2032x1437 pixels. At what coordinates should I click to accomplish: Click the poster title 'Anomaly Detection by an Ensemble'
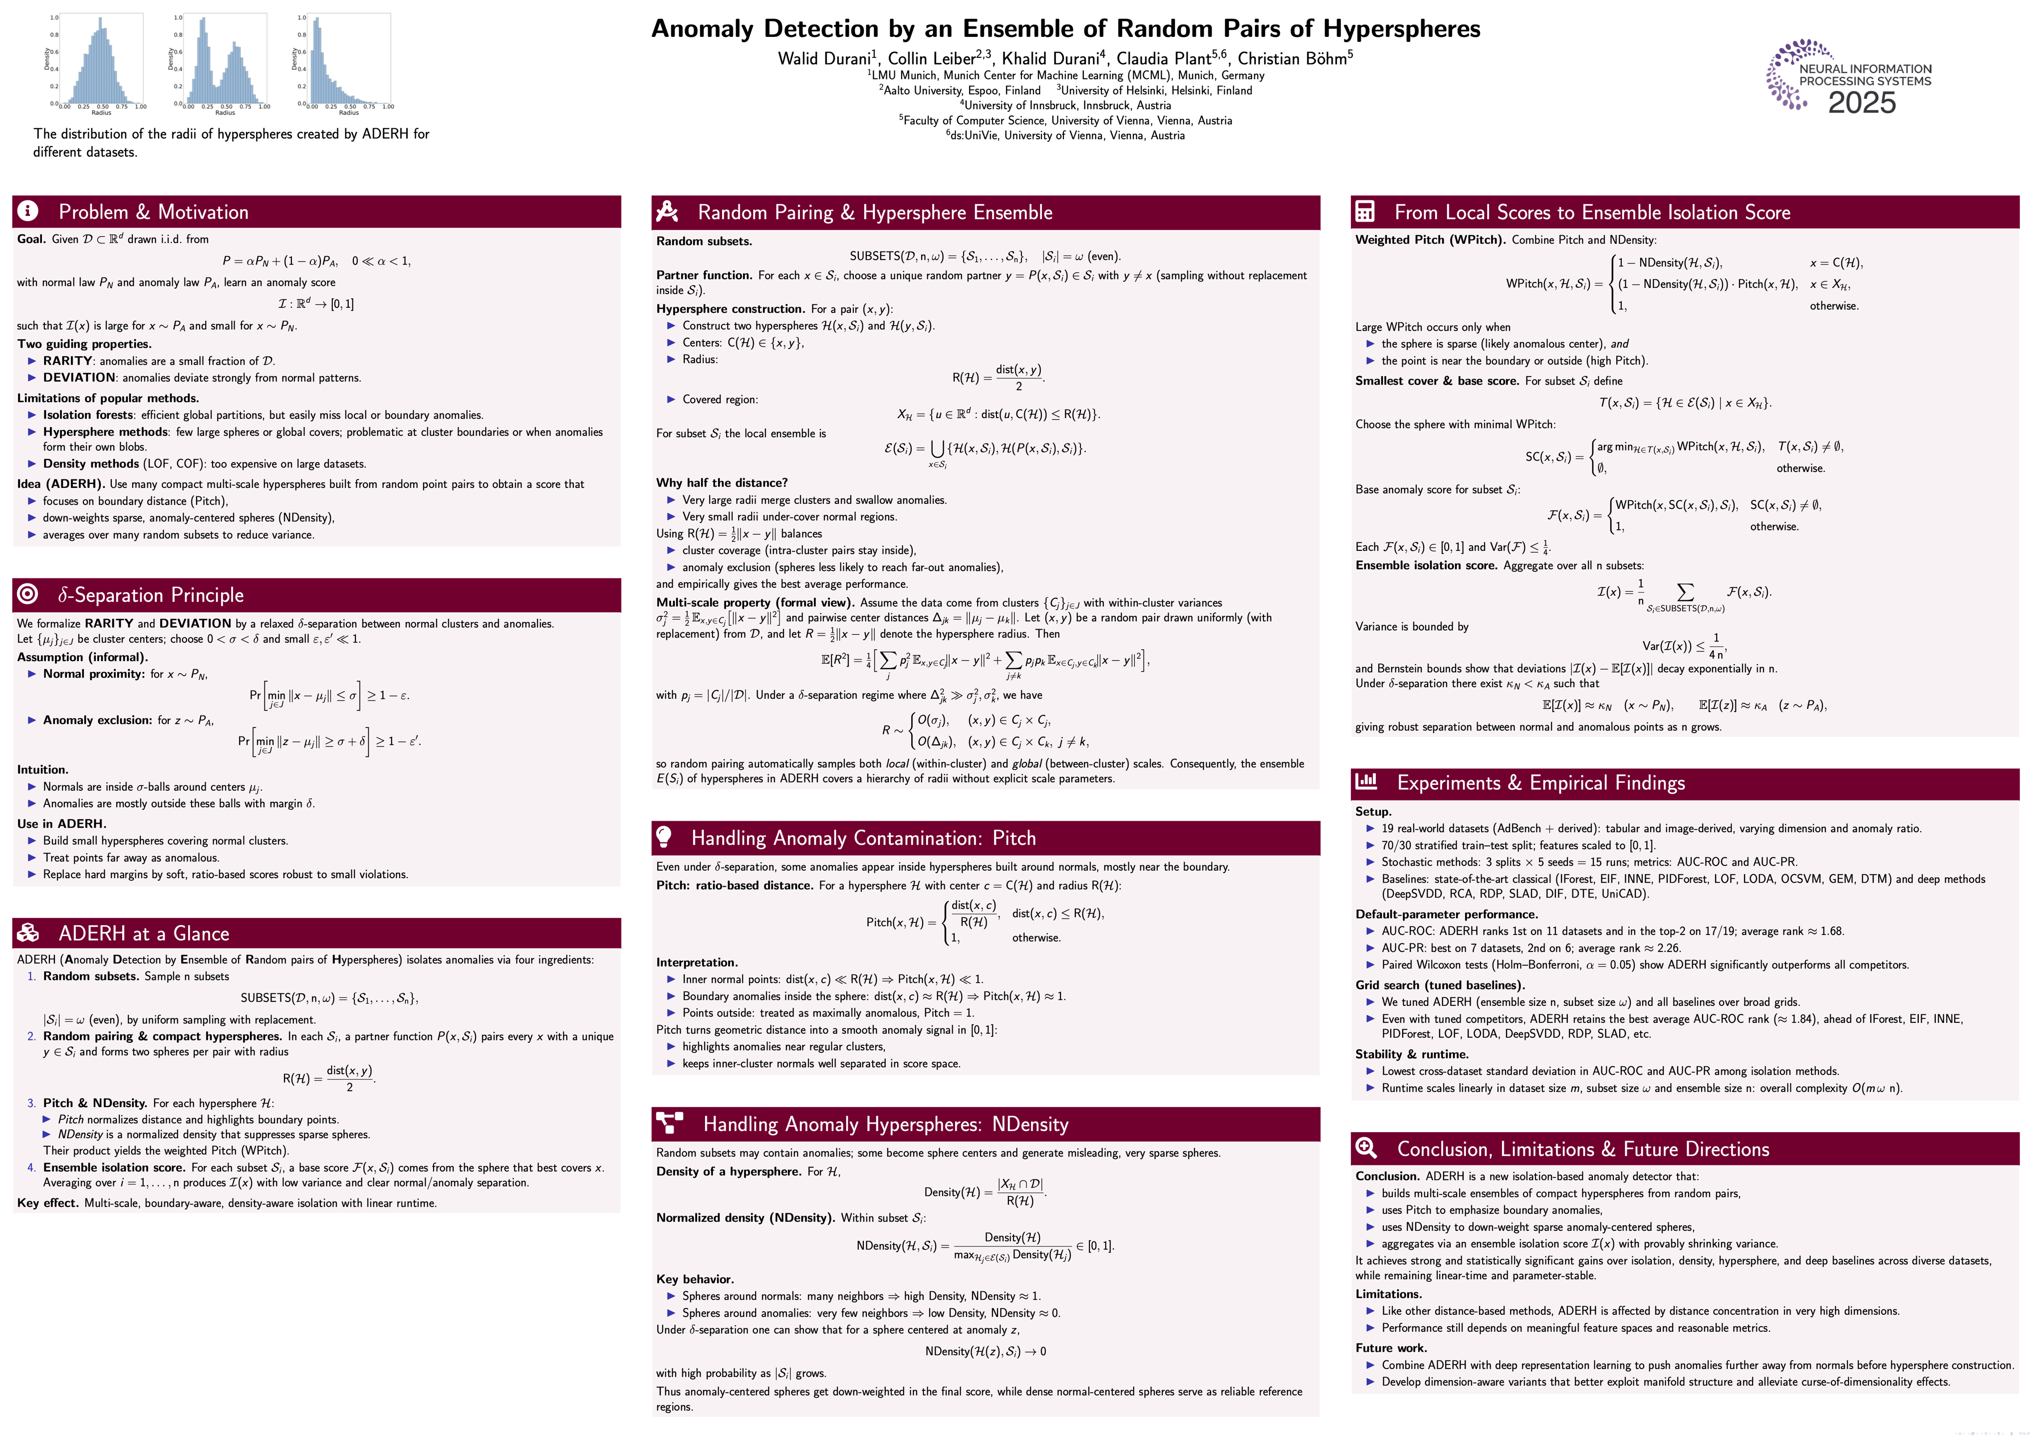click(1065, 28)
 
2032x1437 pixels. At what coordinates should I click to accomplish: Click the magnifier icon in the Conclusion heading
click(1366, 1148)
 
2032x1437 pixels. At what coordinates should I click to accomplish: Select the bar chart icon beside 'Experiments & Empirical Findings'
click(1366, 781)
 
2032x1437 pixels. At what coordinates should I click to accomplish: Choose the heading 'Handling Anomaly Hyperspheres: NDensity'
click(885, 1124)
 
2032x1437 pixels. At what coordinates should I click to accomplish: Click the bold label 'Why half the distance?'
click(721, 483)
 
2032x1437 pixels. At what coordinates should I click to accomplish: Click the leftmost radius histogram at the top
click(102, 60)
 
